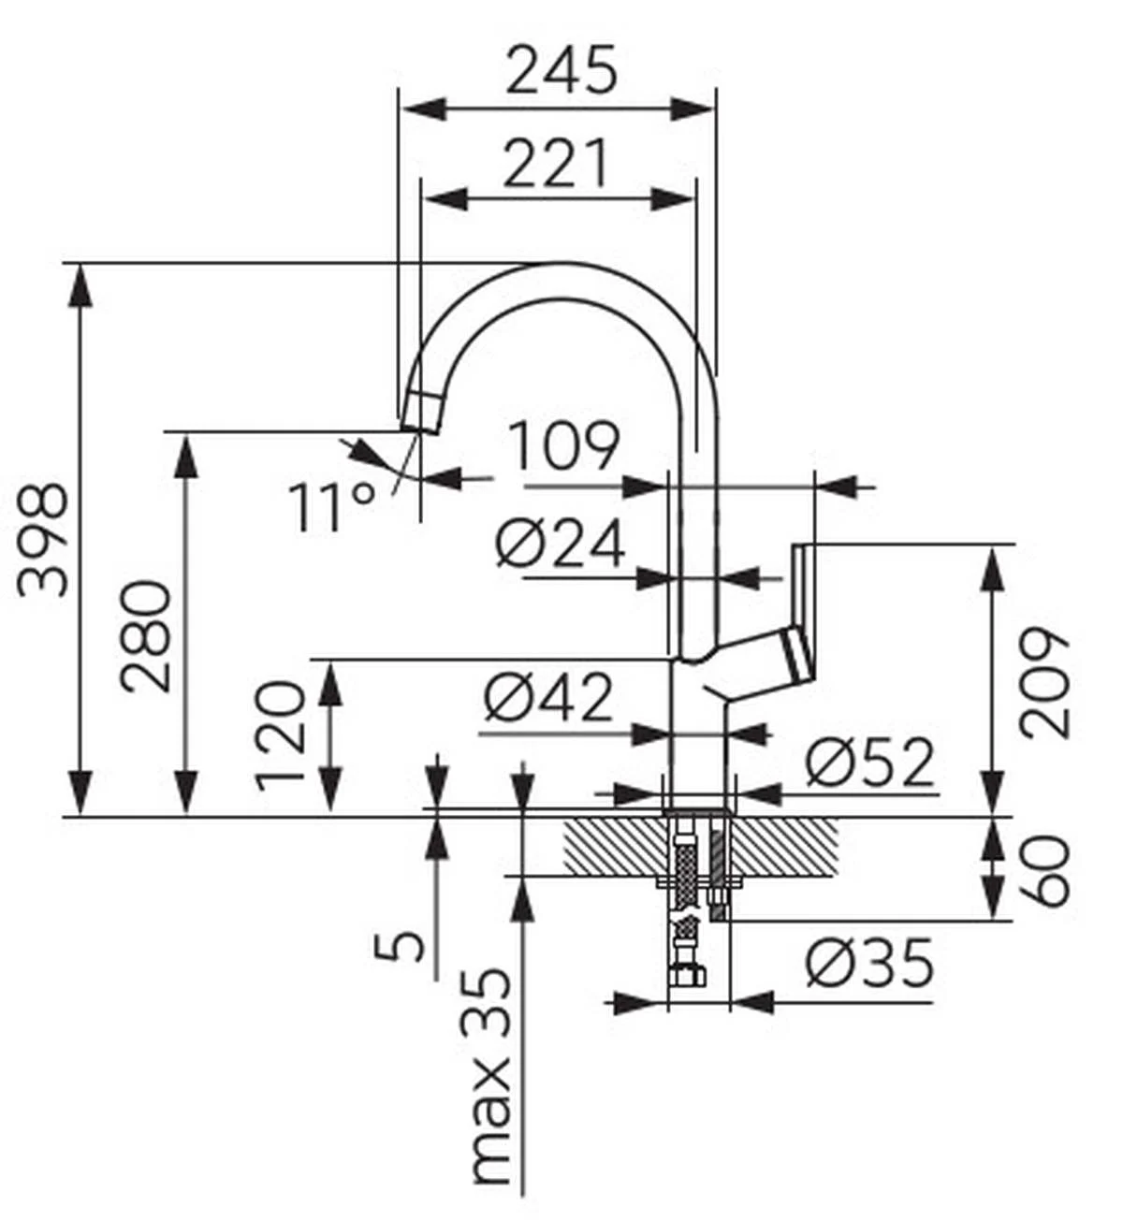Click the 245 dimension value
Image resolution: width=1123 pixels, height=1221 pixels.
point(561,70)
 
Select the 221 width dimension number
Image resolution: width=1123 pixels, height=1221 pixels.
point(555,163)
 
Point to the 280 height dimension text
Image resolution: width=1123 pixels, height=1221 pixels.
point(146,637)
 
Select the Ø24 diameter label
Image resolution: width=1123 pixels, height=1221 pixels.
point(560,543)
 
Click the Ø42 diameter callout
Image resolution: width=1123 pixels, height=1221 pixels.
point(547,698)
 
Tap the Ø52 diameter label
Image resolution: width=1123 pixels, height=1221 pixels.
point(869,763)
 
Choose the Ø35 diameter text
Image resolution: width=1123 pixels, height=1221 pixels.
point(869,962)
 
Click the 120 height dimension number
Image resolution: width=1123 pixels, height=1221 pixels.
point(279,735)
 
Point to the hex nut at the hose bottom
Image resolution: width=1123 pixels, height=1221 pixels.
point(688,975)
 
